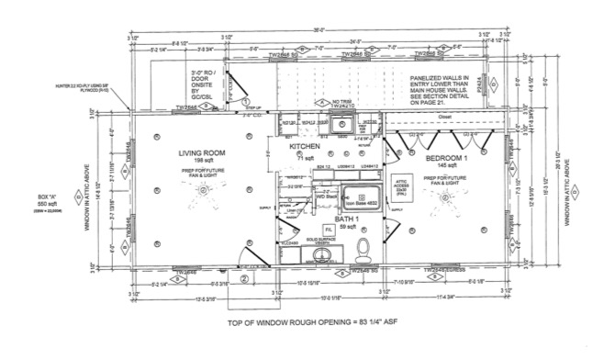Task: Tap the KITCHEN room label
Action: point(304,147)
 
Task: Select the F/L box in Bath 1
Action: point(327,229)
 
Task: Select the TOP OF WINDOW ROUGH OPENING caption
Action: point(301,325)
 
